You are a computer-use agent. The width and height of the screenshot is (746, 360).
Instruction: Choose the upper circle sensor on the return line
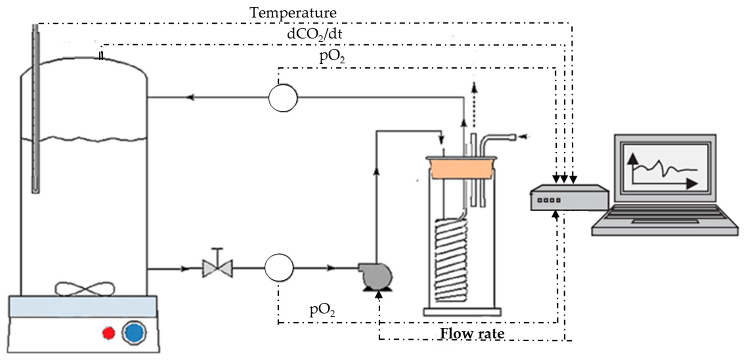283,97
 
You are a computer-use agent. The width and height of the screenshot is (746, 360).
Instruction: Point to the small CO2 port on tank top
101,56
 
